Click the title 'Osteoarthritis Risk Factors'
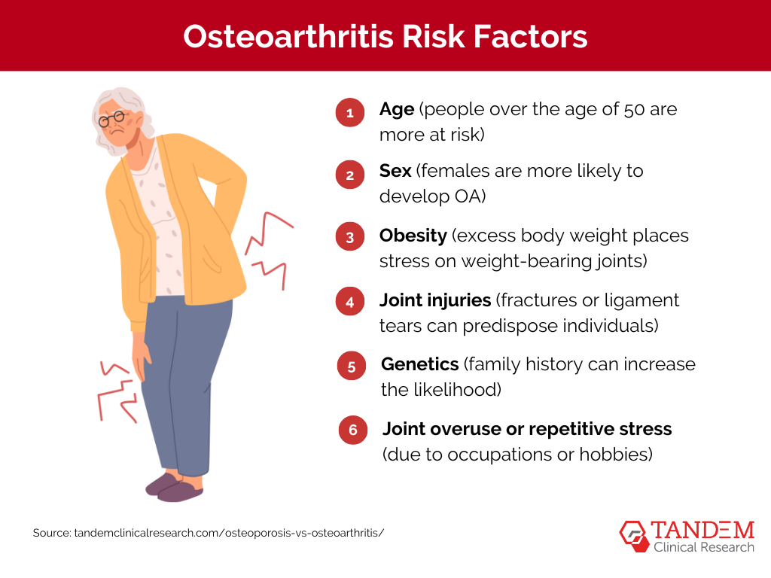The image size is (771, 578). coord(385,36)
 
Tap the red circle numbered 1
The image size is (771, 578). coord(349,114)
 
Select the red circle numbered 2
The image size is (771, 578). coord(349,175)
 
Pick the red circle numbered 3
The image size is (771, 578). coord(349,238)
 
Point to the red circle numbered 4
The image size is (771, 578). coord(349,302)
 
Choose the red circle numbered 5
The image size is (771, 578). coord(352,367)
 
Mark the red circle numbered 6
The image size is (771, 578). coord(352,430)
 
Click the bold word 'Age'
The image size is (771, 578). coord(397,109)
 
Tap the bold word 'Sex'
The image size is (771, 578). coord(395,171)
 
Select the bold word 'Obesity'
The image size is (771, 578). coord(413,236)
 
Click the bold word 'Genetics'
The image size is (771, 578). coord(420,364)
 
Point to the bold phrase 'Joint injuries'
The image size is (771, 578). coord(435,300)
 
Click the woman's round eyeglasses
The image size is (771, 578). coord(113,119)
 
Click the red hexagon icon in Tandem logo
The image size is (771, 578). coord(634,534)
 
